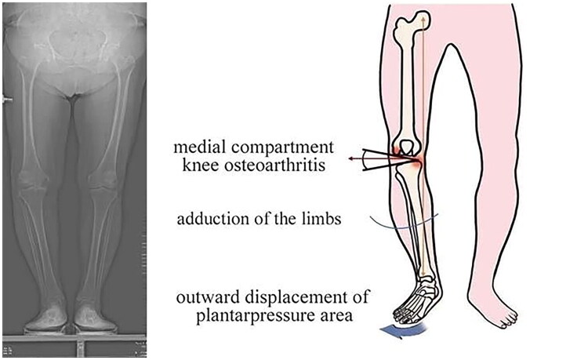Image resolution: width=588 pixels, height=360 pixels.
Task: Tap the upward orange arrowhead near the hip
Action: pos(424,15)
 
